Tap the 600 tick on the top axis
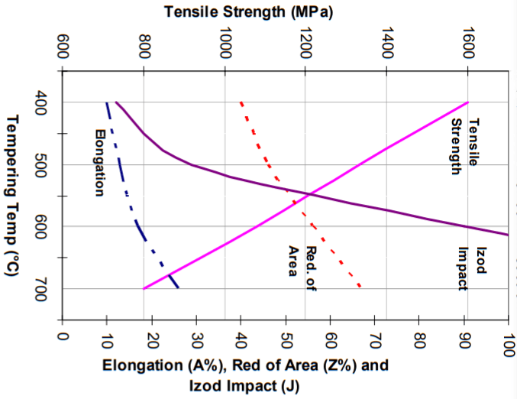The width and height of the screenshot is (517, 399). point(63,47)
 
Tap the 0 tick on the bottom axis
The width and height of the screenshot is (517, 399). point(63,336)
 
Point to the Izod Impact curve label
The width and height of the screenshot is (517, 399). point(473,268)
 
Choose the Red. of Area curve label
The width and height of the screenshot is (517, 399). point(301,268)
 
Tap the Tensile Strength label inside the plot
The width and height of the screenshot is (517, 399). point(465,145)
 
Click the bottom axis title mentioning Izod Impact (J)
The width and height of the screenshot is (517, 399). point(246,374)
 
